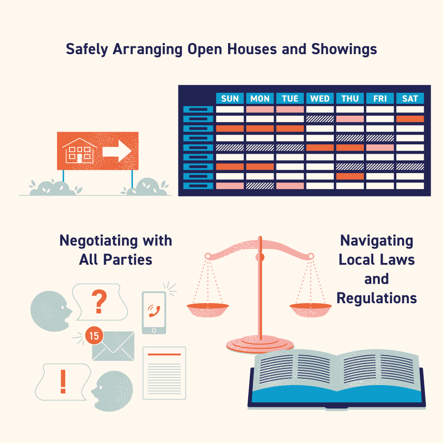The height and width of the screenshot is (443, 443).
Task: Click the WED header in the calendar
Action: (320, 98)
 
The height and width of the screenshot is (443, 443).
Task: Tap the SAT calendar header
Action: (410, 98)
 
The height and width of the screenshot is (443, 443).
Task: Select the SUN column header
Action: (230, 98)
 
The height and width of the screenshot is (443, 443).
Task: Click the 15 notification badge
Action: (94, 336)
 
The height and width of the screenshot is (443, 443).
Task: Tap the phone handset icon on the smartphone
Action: (154, 311)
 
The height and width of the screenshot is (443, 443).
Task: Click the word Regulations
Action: (377, 298)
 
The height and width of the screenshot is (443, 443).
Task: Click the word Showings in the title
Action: (344, 50)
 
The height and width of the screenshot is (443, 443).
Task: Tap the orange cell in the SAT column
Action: (410, 119)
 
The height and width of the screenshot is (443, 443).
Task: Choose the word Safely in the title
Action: (87, 50)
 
